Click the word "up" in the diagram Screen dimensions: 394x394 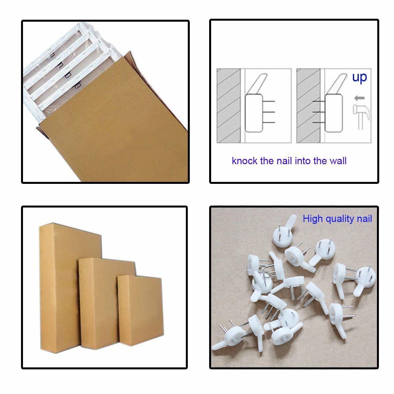pyautogui.click(x=359, y=77)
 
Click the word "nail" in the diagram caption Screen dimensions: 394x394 pyautogui.click(x=284, y=161)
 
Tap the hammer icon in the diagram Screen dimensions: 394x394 pyautogui.click(x=361, y=117)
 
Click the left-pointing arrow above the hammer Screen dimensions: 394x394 pyautogui.click(x=360, y=98)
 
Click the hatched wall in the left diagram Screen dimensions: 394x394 pyautogui.click(x=229, y=106)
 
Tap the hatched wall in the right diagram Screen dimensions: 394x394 pyautogui.click(x=308, y=106)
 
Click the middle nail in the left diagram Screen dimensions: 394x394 pyautogui.click(x=269, y=112)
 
